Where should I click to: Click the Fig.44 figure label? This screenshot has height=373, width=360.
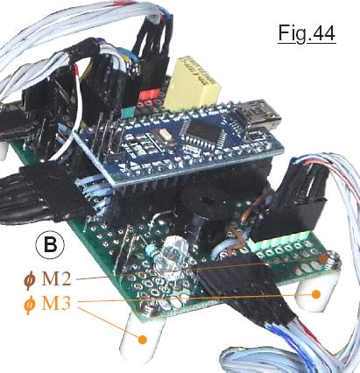[307, 33]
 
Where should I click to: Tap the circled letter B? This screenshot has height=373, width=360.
[50, 245]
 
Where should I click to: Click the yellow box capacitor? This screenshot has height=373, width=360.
[192, 84]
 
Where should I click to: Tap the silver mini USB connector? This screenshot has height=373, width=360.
[258, 116]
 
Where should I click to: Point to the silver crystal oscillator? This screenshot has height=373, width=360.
[160, 137]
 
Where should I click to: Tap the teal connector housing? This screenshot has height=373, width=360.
[128, 112]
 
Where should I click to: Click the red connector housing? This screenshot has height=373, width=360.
[149, 95]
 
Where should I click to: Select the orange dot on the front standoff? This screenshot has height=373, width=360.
[142, 340]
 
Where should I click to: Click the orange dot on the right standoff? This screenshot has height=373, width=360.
[315, 294]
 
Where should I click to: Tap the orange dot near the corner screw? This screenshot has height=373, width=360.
[322, 258]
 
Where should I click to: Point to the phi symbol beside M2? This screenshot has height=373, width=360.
[29, 280]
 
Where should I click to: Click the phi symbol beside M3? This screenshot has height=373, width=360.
[29, 305]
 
